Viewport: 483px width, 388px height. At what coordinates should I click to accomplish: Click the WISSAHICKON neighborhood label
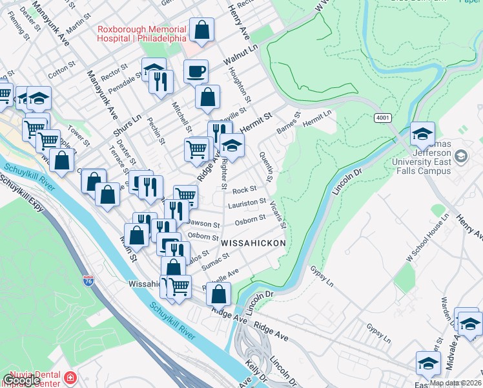point(253,242)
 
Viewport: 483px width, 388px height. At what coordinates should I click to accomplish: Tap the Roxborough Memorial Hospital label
point(141,34)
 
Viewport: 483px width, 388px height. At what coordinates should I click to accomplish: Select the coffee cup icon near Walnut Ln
point(196,71)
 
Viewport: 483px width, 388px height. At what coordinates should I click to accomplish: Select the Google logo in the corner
point(21,380)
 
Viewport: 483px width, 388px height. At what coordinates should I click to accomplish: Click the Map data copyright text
point(455,383)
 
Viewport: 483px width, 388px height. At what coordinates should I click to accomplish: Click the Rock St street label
point(245,190)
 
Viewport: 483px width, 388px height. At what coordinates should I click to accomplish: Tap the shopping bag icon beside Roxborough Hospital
point(201,30)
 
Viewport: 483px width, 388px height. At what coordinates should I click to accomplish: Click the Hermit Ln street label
point(316,117)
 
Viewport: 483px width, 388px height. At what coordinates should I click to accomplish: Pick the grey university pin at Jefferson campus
point(461,156)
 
